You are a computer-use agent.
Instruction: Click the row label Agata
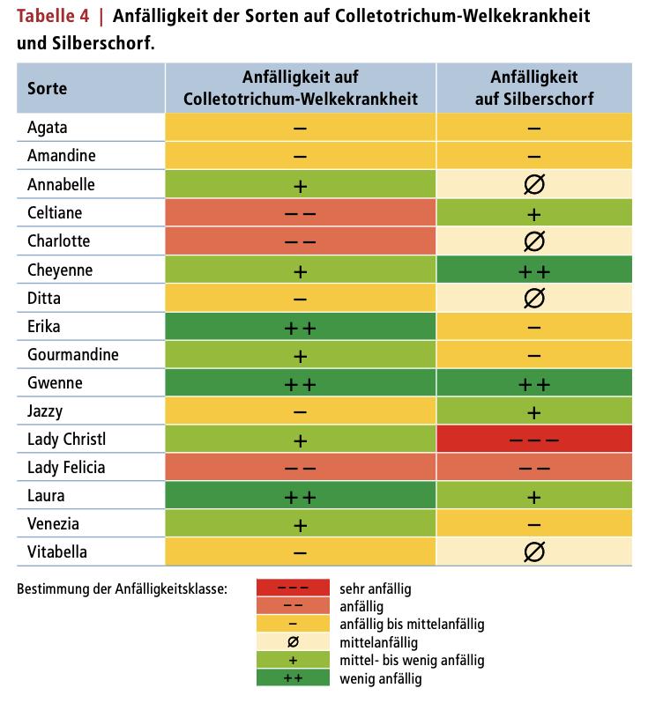tap(48, 128)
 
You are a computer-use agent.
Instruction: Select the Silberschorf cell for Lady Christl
tap(534, 439)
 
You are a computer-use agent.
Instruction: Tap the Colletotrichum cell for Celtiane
tap(300, 213)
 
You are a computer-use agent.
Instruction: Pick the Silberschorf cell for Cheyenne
tap(534, 270)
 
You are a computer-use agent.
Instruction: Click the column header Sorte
tap(47, 88)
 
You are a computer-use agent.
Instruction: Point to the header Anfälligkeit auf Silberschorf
tap(534, 88)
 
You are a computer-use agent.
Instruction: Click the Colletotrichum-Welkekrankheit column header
tap(300, 88)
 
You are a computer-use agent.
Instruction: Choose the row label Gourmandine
tap(72, 354)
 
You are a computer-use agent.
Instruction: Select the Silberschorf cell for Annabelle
tap(534, 185)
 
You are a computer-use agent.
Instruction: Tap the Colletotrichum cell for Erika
tap(300, 326)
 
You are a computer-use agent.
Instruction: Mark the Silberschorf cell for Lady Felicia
tap(534, 467)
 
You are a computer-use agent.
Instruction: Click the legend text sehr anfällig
tap(376, 588)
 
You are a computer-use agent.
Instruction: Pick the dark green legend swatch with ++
tap(292, 678)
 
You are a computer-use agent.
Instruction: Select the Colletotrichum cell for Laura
tap(300, 495)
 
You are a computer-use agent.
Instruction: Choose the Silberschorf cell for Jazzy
tap(534, 411)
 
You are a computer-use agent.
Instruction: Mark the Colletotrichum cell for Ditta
tap(300, 298)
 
